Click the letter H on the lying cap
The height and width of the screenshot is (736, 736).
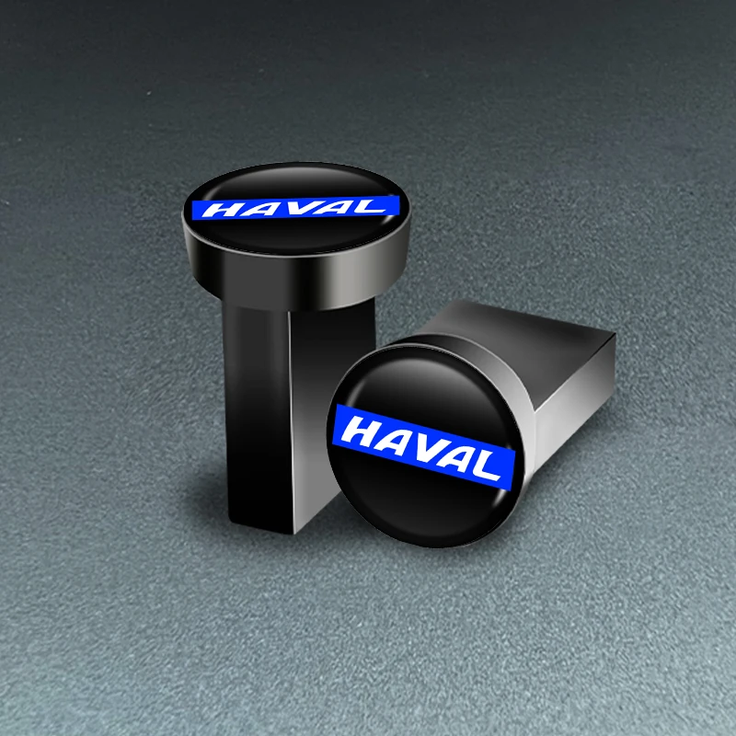pos(364,429)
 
